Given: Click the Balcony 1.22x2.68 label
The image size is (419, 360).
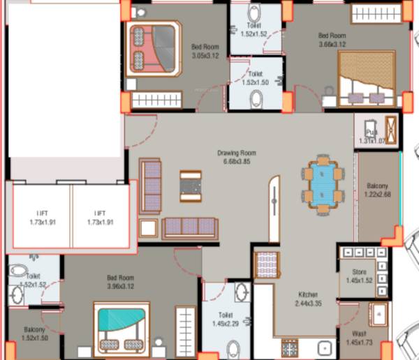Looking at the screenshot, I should coord(378,190).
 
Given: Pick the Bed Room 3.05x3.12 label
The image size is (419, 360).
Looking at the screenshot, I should coord(205,52).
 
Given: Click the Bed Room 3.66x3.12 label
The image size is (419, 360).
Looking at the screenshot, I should coord(332,39).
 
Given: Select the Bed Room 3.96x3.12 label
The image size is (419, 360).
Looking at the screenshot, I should coord(120,281).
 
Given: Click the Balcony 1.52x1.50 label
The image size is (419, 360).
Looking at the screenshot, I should coord(35,333).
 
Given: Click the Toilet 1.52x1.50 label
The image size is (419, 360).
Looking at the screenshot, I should coord(256,77).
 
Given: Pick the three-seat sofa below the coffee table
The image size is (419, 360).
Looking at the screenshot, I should coord(189,227).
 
